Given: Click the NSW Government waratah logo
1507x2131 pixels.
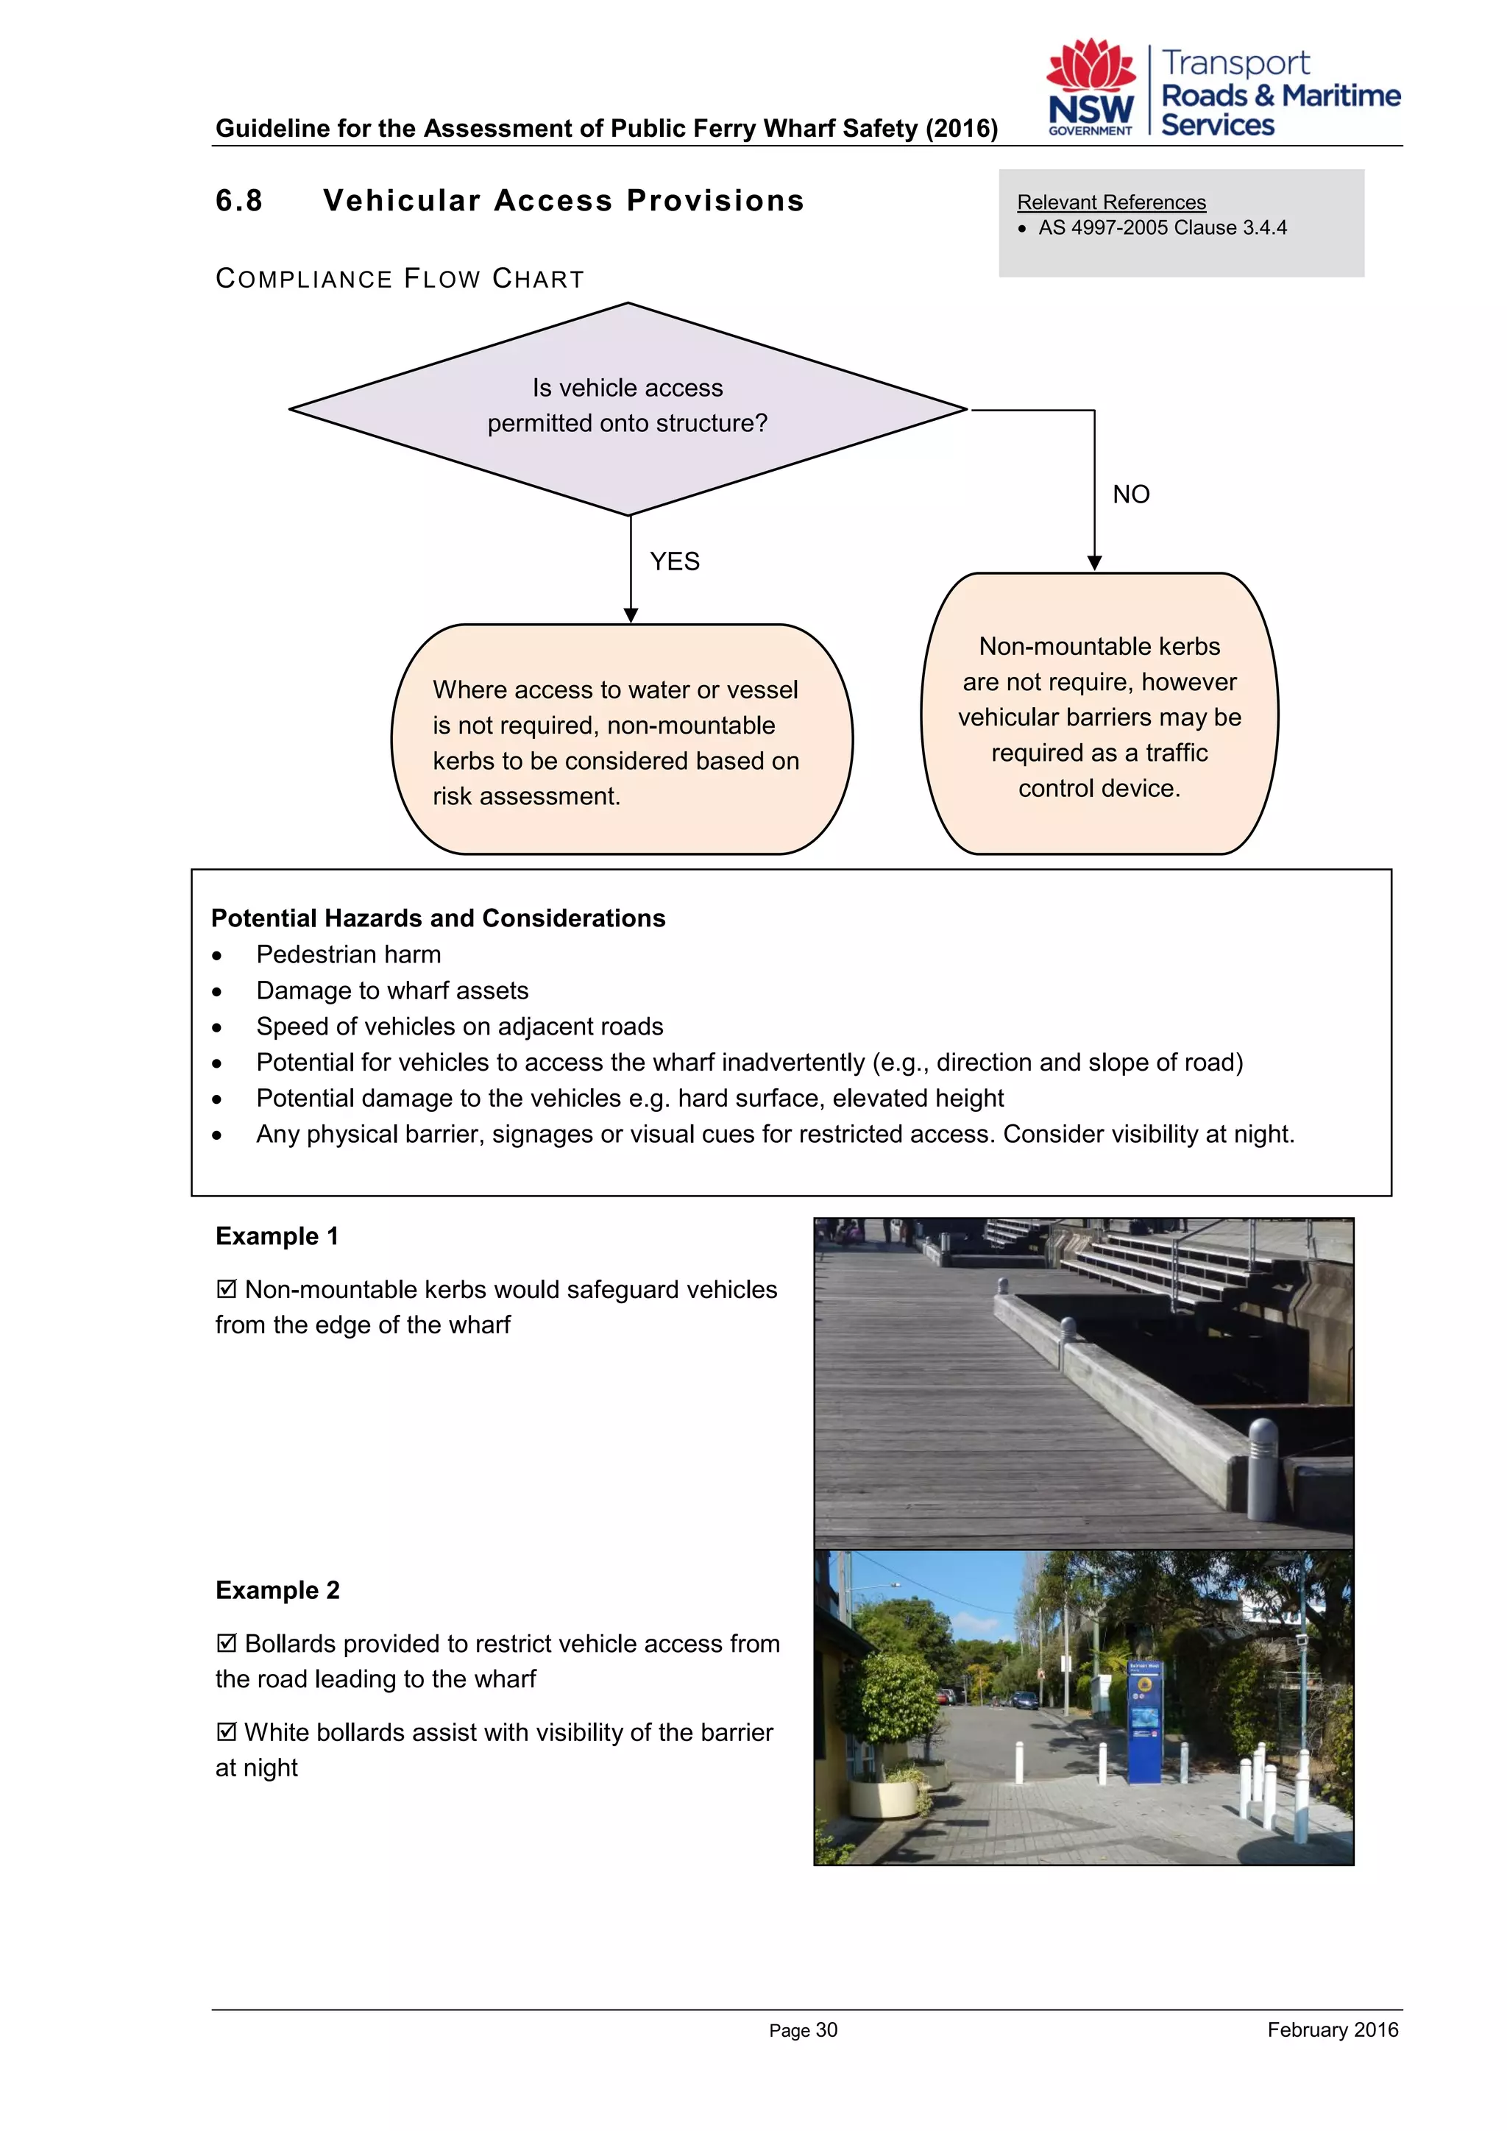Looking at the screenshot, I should tap(1091, 88).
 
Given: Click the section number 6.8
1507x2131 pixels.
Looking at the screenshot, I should tap(238, 200).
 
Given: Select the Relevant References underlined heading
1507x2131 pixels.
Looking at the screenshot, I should tap(1111, 202).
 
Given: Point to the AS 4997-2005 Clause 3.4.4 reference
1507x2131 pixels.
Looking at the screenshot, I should tap(1162, 228).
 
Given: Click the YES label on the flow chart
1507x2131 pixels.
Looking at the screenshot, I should tap(675, 561).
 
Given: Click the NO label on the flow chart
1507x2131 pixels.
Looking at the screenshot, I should tap(1130, 494).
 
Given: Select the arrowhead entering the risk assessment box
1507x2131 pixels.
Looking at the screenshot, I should tap(631, 615).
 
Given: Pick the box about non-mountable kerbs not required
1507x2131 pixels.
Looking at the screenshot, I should tap(1099, 715).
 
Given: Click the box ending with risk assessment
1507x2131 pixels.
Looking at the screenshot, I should tap(621, 742).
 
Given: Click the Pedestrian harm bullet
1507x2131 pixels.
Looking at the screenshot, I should tap(348, 954).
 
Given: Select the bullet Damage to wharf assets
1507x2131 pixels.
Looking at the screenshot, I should tap(391, 990).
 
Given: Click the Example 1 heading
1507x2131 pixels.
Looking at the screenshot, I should tap(277, 1236).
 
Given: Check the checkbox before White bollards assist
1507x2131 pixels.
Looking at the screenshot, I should tap(225, 1732).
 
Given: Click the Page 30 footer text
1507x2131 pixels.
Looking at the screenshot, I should tap(803, 2030).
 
